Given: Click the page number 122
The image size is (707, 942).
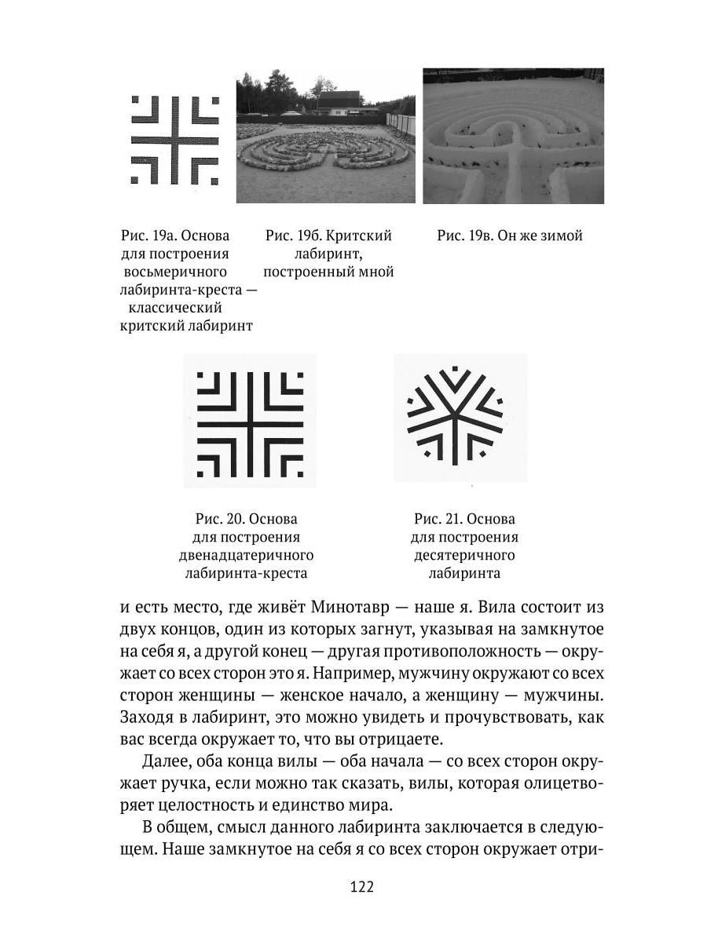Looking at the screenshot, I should [361, 886].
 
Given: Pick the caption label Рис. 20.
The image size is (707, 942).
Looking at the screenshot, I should [219, 520].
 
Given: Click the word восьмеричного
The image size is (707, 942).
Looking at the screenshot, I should [175, 272].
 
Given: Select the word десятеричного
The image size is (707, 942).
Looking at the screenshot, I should [463, 555].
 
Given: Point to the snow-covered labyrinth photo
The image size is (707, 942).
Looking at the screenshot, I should [513, 136].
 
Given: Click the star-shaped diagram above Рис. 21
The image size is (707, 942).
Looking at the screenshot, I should [456, 414].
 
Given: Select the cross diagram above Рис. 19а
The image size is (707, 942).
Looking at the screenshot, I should [174, 140].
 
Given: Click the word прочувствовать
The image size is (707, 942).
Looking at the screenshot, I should [485, 717].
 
